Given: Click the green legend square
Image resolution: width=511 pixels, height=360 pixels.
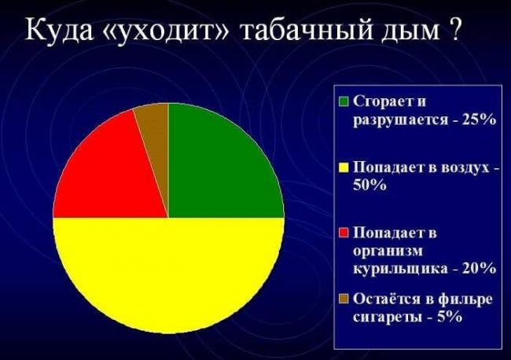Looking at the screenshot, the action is [x=344, y=101].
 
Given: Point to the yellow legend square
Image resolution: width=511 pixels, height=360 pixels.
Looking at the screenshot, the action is [x=344, y=167].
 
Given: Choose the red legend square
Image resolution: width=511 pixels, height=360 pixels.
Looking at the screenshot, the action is [x=344, y=233].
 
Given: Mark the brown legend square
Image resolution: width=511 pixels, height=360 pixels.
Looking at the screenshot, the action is [x=344, y=299].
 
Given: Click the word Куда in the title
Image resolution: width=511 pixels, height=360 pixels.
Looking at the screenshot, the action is [x=59, y=30].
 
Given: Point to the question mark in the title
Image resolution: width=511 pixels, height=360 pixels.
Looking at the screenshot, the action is [x=454, y=28].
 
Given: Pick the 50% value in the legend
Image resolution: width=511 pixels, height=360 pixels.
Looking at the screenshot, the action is [x=369, y=185].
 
